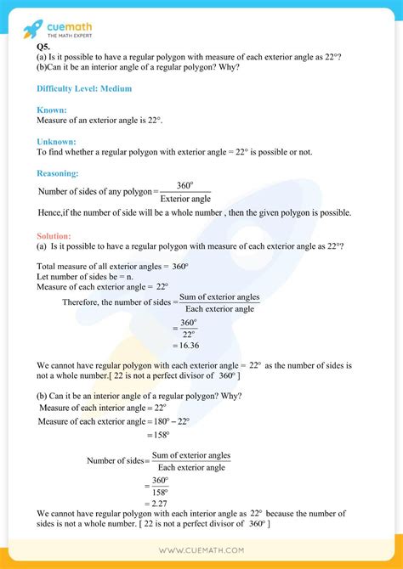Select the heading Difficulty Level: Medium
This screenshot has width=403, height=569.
84,88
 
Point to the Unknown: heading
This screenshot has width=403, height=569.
57,141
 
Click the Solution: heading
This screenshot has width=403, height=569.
54,235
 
